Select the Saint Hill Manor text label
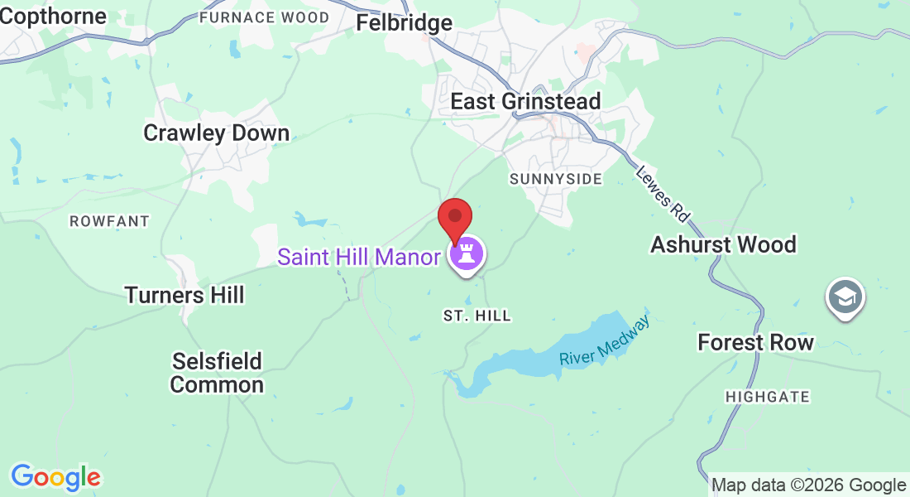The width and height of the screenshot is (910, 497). pyautogui.click(x=358, y=257)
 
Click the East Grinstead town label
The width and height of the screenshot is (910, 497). pyautogui.click(x=525, y=101)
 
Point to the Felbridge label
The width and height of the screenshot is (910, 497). pyautogui.click(x=404, y=22)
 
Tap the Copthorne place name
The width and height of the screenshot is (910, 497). pyautogui.click(x=53, y=16)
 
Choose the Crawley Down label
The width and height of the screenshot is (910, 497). pyautogui.click(x=216, y=133)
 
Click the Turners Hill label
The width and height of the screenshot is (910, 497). pyautogui.click(x=184, y=295)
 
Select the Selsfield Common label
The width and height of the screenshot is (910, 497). pyautogui.click(x=217, y=373)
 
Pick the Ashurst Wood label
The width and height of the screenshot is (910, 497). pyautogui.click(x=723, y=244)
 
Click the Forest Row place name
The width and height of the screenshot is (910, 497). pyautogui.click(x=755, y=342)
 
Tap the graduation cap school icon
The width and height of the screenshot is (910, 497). pyautogui.click(x=845, y=297)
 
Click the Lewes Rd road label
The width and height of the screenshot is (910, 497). pyautogui.click(x=663, y=194)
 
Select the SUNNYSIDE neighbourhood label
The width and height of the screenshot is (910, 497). pyautogui.click(x=555, y=179)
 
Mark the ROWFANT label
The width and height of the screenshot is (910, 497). pyautogui.click(x=109, y=221)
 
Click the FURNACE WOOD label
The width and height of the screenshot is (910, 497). pyautogui.click(x=264, y=17)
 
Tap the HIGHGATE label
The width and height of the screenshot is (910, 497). pyautogui.click(x=767, y=397)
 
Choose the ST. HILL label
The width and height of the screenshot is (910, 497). pyautogui.click(x=477, y=316)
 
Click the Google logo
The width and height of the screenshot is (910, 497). pyautogui.click(x=55, y=477)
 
